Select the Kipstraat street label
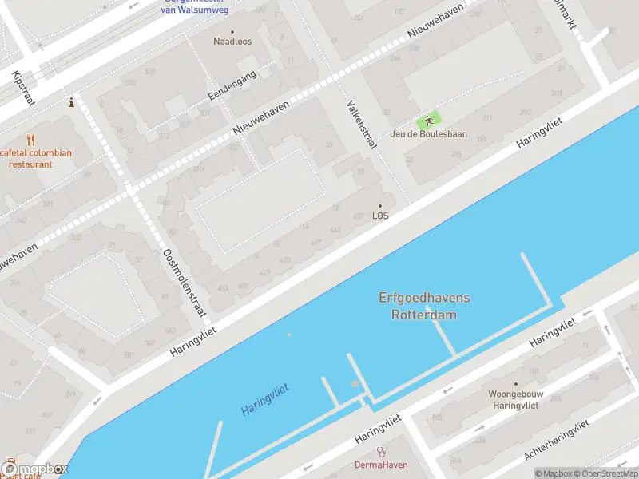pos(19,89)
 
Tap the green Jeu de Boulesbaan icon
pos(430,121)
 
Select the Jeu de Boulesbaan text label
pos(429,134)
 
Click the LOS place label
pos(380,216)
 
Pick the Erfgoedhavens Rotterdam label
pos(424,306)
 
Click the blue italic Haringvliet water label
pos(264,399)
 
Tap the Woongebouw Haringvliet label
pos(515,399)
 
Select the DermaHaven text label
pos(381,465)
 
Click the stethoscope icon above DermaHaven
pos(381,452)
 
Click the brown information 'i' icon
pos(72,102)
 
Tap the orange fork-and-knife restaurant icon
pos(31,140)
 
